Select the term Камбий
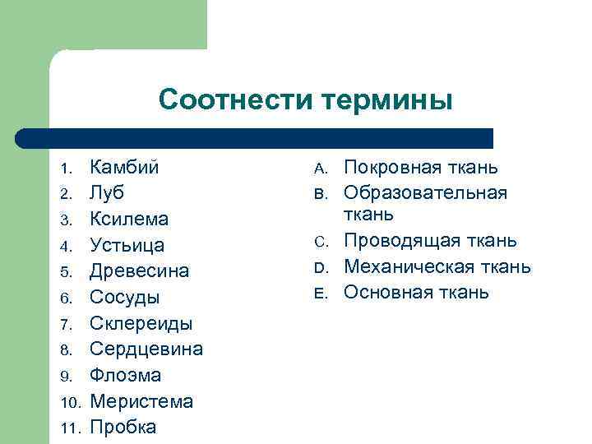click(x=124, y=167)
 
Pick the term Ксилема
click(x=129, y=220)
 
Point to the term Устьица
click(x=127, y=246)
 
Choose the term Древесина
click(x=139, y=271)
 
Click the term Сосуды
click(x=125, y=298)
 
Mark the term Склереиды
click(x=141, y=324)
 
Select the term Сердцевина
click(x=146, y=349)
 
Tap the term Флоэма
click(x=125, y=376)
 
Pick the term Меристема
click(x=141, y=402)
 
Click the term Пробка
click(x=123, y=428)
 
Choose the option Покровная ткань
click(x=420, y=167)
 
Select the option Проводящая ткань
click(x=430, y=241)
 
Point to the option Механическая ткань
click(x=437, y=267)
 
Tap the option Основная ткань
click(x=416, y=293)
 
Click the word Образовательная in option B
click(x=425, y=193)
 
